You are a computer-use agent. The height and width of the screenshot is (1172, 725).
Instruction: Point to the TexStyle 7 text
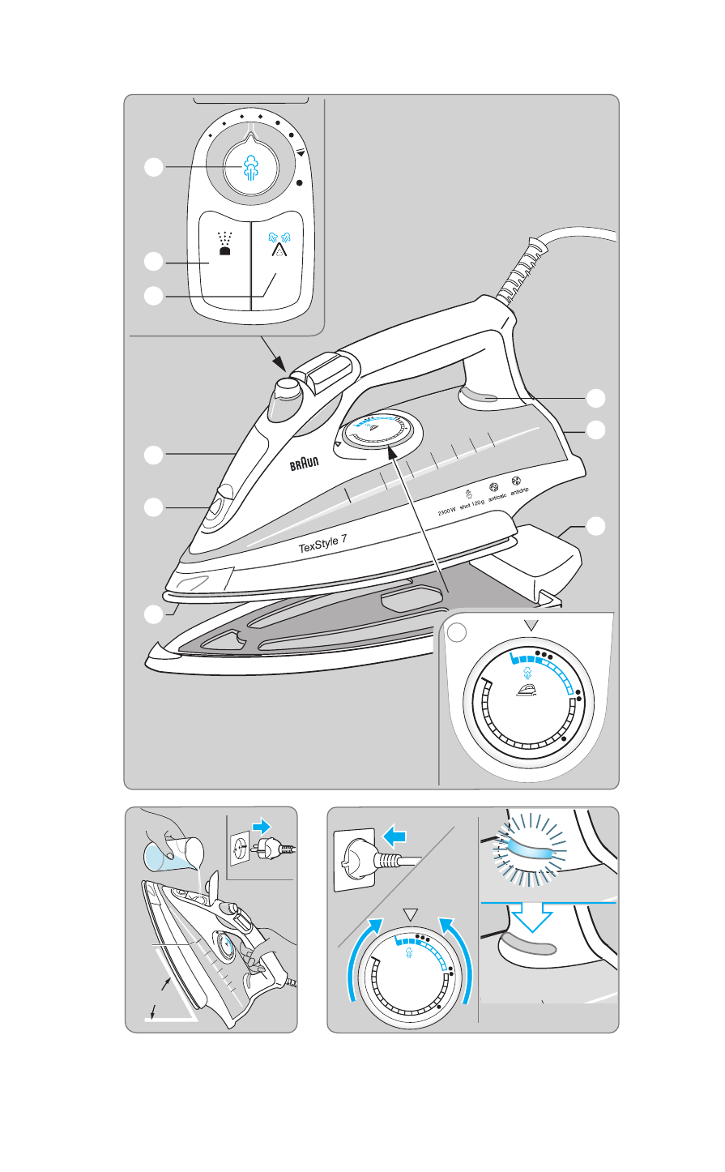[335, 542]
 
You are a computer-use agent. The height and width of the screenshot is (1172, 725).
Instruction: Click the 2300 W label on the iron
[447, 511]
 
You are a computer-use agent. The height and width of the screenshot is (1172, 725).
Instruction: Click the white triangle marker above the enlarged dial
[531, 624]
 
